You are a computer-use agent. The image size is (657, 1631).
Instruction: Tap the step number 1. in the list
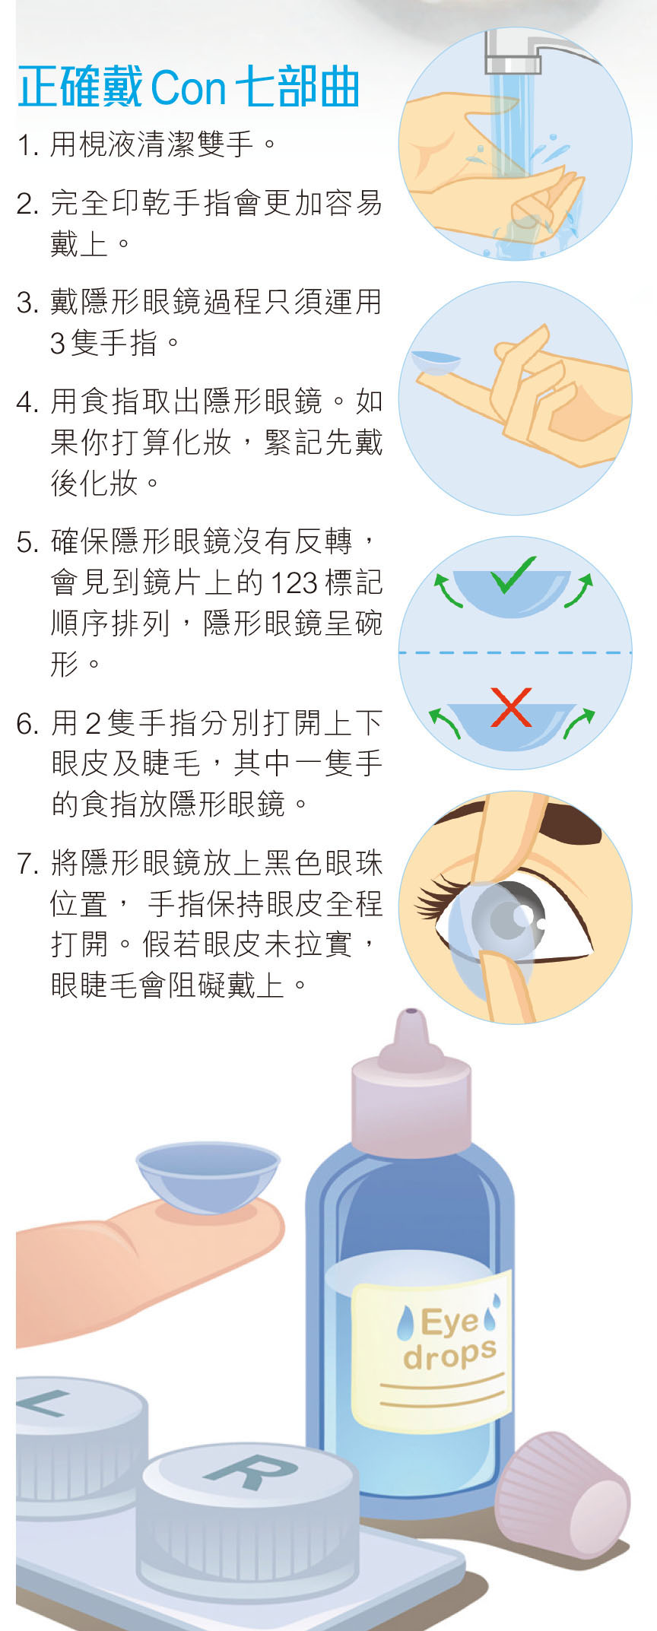pyautogui.click(x=28, y=144)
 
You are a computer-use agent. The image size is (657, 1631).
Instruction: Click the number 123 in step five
pyautogui.click(x=294, y=583)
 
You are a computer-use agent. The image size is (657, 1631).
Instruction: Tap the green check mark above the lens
pyautogui.click(x=513, y=576)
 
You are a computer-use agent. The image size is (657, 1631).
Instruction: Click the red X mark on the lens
pyautogui.click(x=511, y=707)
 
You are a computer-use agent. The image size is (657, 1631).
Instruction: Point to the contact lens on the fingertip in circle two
pyautogui.click(x=436, y=362)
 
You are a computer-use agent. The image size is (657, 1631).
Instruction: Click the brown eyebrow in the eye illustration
pyautogui.click(x=532, y=825)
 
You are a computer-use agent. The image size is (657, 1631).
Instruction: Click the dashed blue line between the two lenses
pyautogui.click(x=515, y=652)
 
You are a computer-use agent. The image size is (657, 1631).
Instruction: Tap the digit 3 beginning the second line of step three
pyautogui.click(x=58, y=344)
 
